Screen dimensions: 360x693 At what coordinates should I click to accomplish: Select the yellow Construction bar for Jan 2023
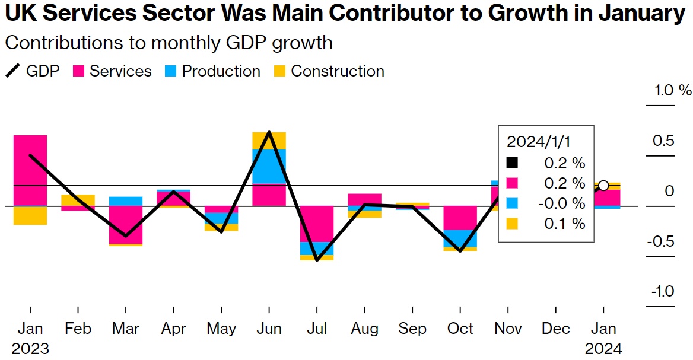tap(30, 215)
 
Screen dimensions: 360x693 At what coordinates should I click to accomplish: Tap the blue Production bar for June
tap(269, 166)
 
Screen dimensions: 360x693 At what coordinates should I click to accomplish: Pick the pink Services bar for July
tap(316, 224)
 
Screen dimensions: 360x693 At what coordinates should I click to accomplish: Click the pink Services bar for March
tap(126, 225)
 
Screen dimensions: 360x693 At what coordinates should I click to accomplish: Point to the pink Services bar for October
tap(460, 218)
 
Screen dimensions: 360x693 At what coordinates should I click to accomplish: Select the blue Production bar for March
tap(126, 201)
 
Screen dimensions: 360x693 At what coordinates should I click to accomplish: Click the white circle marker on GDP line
tap(603, 186)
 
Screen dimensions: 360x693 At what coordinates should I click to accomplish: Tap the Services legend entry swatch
tap(79, 72)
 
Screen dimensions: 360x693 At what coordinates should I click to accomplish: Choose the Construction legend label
tap(338, 71)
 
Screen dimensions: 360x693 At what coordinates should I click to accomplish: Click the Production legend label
tap(221, 71)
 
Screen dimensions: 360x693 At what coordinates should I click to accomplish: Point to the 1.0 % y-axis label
tap(673, 91)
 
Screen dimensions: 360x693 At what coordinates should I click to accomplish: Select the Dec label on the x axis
tap(556, 329)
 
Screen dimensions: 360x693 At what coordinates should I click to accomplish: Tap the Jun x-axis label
tap(269, 329)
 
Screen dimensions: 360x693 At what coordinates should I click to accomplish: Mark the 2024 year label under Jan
tap(603, 348)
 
